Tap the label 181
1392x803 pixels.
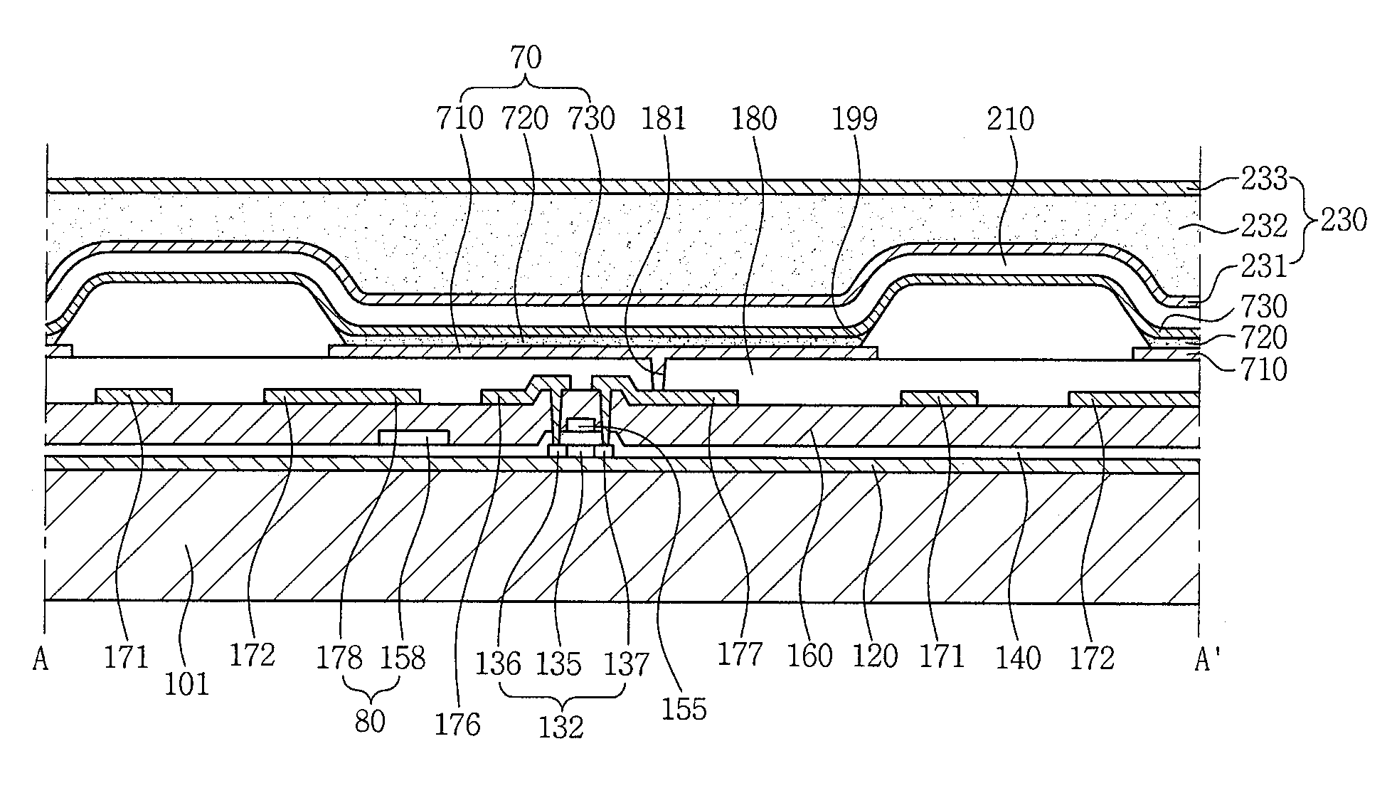click(x=662, y=119)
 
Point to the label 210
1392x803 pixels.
click(x=1010, y=119)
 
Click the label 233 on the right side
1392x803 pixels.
click(x=1265, y=179)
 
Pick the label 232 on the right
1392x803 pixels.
click(x=1265, y=226)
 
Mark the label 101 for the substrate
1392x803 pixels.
click(x=187, y=683)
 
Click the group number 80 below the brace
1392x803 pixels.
click(x=370, y=721)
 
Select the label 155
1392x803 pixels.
click(x=684, y=709)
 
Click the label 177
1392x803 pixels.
click(x=740, y=654)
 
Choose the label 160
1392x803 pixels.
click(x=810, y=656)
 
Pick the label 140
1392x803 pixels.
click(x=1019, y=658)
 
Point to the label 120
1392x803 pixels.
click(x=875, y=656)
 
